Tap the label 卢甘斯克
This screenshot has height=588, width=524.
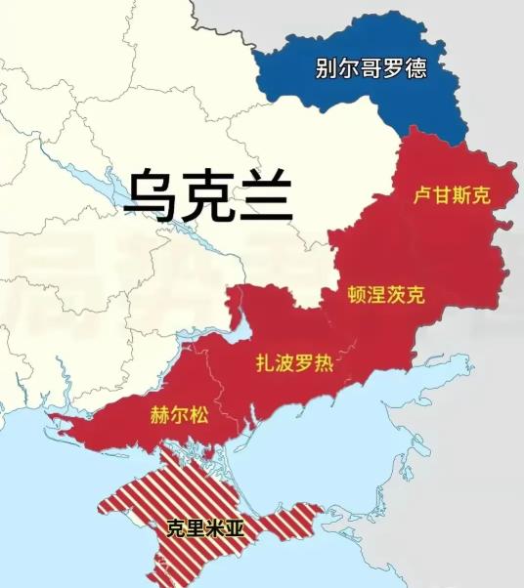coord(450,195)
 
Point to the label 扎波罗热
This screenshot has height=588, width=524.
coord(293,364)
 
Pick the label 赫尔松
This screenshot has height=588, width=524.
coord(180,414)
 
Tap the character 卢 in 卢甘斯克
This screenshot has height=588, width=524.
coord(421,195)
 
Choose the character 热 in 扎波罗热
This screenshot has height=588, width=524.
coord(323,364)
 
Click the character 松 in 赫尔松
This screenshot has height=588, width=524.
coord(198,414)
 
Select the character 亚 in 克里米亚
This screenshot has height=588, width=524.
coord(235,528)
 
